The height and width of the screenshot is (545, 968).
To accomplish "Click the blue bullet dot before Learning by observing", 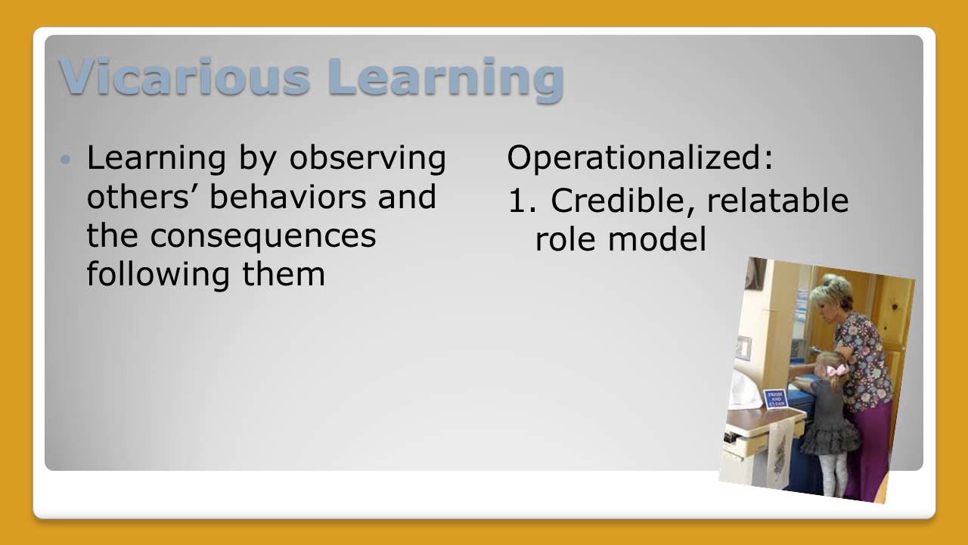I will [x=67, y=160].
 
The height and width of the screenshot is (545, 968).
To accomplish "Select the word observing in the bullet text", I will [x=368, y=157].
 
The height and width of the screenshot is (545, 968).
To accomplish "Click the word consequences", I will [x=262, y=235].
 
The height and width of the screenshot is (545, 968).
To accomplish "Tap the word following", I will [x=159, y=274].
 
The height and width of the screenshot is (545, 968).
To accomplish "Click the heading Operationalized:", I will [x=640, y=157].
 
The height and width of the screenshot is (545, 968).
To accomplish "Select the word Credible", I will [x=613, y=201].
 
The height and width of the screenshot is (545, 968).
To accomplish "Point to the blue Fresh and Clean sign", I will [x=775, y=399].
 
